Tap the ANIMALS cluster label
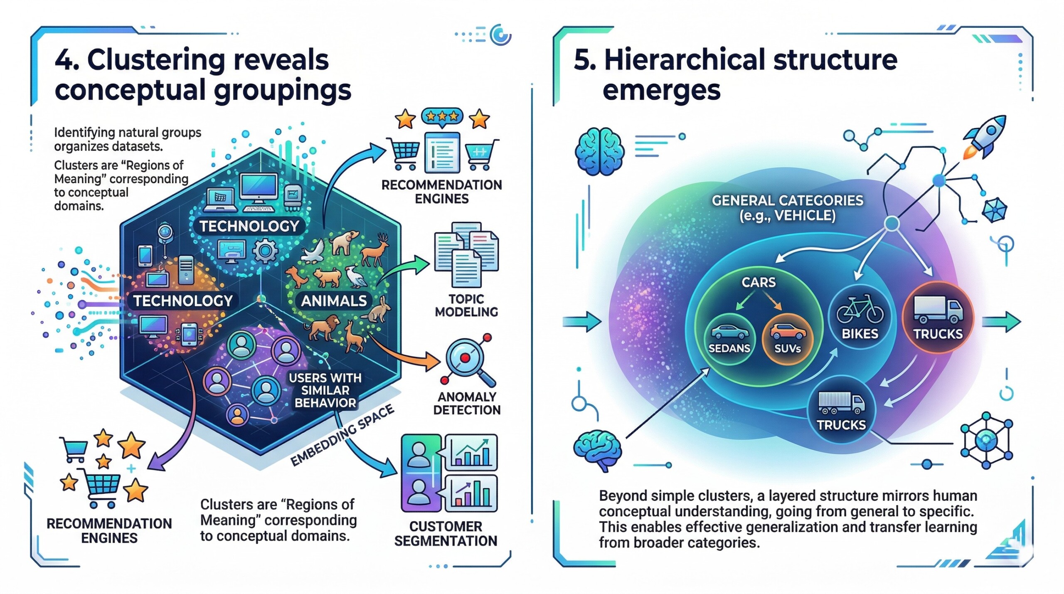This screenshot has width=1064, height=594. [x=334, y=301]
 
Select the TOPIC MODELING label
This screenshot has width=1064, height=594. [x=466, y=306]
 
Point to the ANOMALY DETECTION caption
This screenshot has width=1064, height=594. [x=466, y=404]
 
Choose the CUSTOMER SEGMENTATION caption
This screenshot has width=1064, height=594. [x=446, y=534]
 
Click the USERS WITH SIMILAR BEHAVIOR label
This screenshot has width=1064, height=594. [x=325, y=390]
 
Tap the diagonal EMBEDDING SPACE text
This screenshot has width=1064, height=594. [x=342, y=436]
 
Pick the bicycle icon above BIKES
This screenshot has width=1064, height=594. [x=860, y=310]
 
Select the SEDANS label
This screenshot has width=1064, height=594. [x=729, y=348]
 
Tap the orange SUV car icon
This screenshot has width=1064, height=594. [x=788, y=332]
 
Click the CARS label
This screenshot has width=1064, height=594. [x=759, y=283]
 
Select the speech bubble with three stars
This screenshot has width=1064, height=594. [x=442, y=116]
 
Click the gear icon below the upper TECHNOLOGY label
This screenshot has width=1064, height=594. [x=264, y=250]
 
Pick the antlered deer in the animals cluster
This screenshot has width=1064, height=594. [x=374, y=250]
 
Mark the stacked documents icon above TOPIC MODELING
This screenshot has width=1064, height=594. [x=466, y=254]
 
